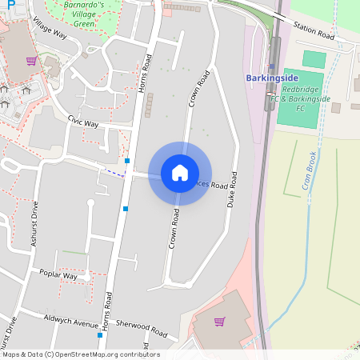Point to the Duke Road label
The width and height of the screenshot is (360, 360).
[234, 190]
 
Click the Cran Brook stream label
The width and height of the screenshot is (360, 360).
[310, 171]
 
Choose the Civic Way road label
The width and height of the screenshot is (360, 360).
[83, 122]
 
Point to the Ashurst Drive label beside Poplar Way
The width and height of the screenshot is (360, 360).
[34, 226]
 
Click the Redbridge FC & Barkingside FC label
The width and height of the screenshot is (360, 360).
[300, 99]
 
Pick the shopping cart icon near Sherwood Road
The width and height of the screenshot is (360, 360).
[219, 322]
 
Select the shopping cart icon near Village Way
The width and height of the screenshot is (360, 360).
[30, 61]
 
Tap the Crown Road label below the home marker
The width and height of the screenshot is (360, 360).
[174, 228]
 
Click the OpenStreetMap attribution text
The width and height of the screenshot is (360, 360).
[81, 354]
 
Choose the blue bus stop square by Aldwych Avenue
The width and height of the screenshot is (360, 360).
[99, 335]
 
